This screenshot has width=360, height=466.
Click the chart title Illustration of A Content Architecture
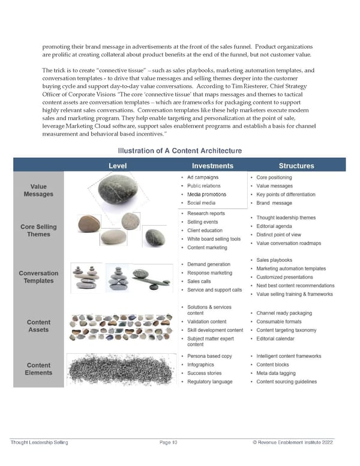(x=180, y=150)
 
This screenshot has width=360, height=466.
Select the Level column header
(x=117, y=166)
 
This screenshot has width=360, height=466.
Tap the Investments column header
(x=212, y=166)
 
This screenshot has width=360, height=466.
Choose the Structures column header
(x=296, y=166)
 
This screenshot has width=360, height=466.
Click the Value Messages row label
(x=38, y=190)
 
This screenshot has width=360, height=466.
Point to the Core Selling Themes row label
(x=38, y=231)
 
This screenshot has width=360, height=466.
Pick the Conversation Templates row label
(x=38, y=277)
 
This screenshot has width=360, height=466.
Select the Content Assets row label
(x=38, y=326)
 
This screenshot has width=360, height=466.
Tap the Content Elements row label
(x=38, y=369)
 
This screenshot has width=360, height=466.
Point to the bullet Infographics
(x=200, y=365)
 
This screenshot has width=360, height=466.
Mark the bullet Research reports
(x=206, y=213)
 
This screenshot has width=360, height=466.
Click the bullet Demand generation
(x=209, y=264)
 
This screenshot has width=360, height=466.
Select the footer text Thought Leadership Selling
(x=40, y=443)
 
